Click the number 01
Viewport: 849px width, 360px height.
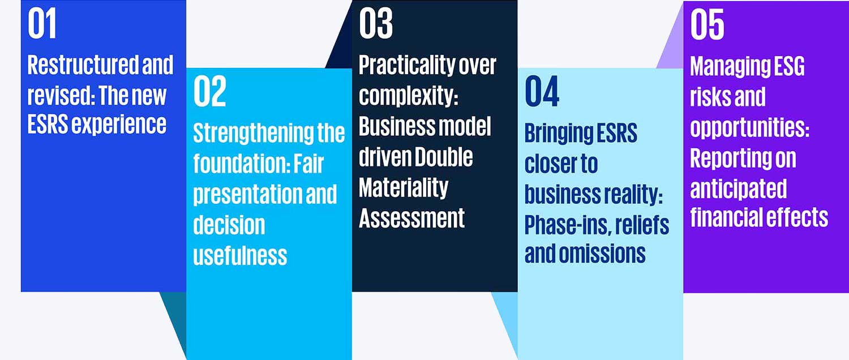coord(42,24)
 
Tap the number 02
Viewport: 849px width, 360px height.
coord(209,91)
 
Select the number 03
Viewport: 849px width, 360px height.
coord(376,24)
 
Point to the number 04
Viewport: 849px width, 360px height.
coord(542,91)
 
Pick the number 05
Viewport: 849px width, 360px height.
coord(707,24)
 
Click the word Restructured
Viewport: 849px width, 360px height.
coord(83,65)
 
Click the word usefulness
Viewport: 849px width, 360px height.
coord(241,255)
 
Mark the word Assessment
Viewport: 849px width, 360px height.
coord(411,218)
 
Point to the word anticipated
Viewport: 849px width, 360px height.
coord(738,188)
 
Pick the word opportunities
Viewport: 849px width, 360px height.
coord(750,127)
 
